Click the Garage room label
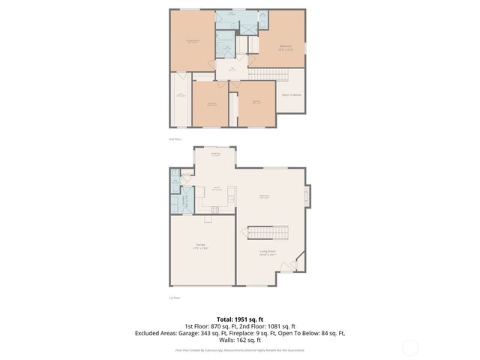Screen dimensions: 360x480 pos(201,245)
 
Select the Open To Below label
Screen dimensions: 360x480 pos(291,94)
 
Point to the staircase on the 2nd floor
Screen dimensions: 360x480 pos(263,73)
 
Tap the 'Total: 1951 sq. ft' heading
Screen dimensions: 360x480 pos(239,319)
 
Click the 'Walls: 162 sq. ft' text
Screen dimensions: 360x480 pos(239,339)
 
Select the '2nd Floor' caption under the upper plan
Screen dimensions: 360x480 pos(175,139)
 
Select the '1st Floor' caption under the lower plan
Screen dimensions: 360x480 pos(174,298)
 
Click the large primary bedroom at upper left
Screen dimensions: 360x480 pos(193,41)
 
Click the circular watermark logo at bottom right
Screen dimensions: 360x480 pos(409,346)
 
